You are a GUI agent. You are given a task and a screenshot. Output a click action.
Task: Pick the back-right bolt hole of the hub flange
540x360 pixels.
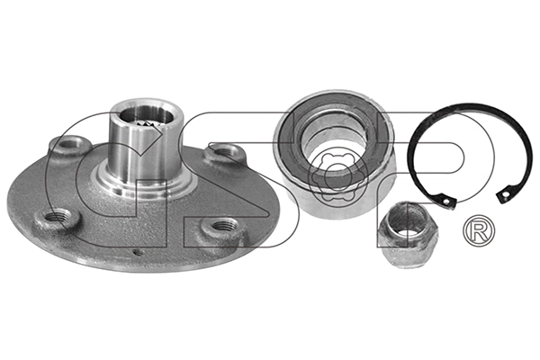pyautogui.click(x=220, y=153)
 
